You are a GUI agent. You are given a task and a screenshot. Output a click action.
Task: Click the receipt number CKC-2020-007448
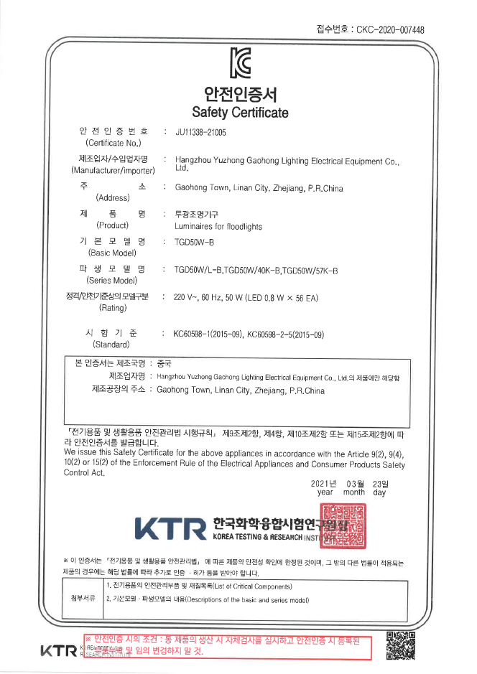(389, 29)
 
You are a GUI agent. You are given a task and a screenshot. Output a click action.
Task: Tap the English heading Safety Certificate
(240, 113)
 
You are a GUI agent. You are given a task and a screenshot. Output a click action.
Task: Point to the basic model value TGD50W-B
(195, 242)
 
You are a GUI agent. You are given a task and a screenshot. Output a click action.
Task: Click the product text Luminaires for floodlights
(218, 226)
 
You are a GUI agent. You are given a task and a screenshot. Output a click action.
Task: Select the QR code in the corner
(401, 644)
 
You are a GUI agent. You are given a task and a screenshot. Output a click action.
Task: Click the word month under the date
(353, 492)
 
